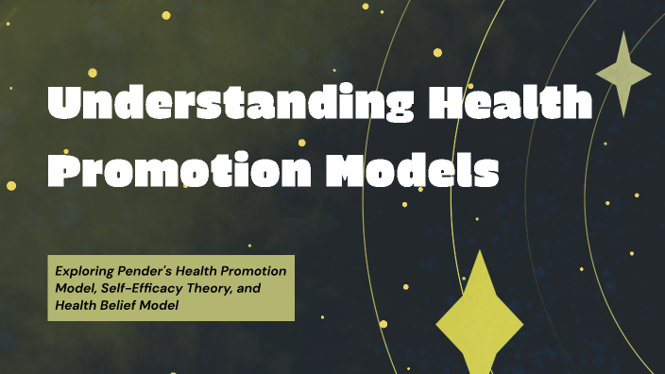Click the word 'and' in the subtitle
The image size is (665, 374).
[x=247, y=288]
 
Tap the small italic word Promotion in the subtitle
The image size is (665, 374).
[x=256, y=271]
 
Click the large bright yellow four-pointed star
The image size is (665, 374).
[x=480, y=315]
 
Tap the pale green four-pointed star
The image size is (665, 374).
[x=623, y=74]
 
